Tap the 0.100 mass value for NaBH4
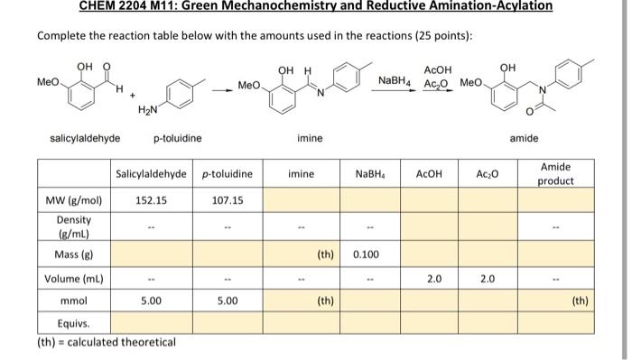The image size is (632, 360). point(366,254)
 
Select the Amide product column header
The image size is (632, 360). point(555,174)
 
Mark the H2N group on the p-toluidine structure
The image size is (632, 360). point(149,110)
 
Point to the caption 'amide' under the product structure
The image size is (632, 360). point(524,138)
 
